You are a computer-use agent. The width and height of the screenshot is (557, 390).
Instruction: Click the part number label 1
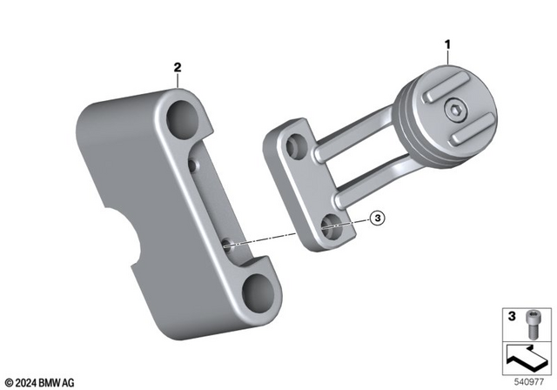448,43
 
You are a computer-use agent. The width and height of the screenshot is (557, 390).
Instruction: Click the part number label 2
178,66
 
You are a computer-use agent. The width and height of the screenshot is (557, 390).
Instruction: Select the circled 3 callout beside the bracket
376,219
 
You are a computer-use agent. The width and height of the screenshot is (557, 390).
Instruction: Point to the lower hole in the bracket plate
331,228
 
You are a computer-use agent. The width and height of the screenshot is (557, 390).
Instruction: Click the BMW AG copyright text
40,380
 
